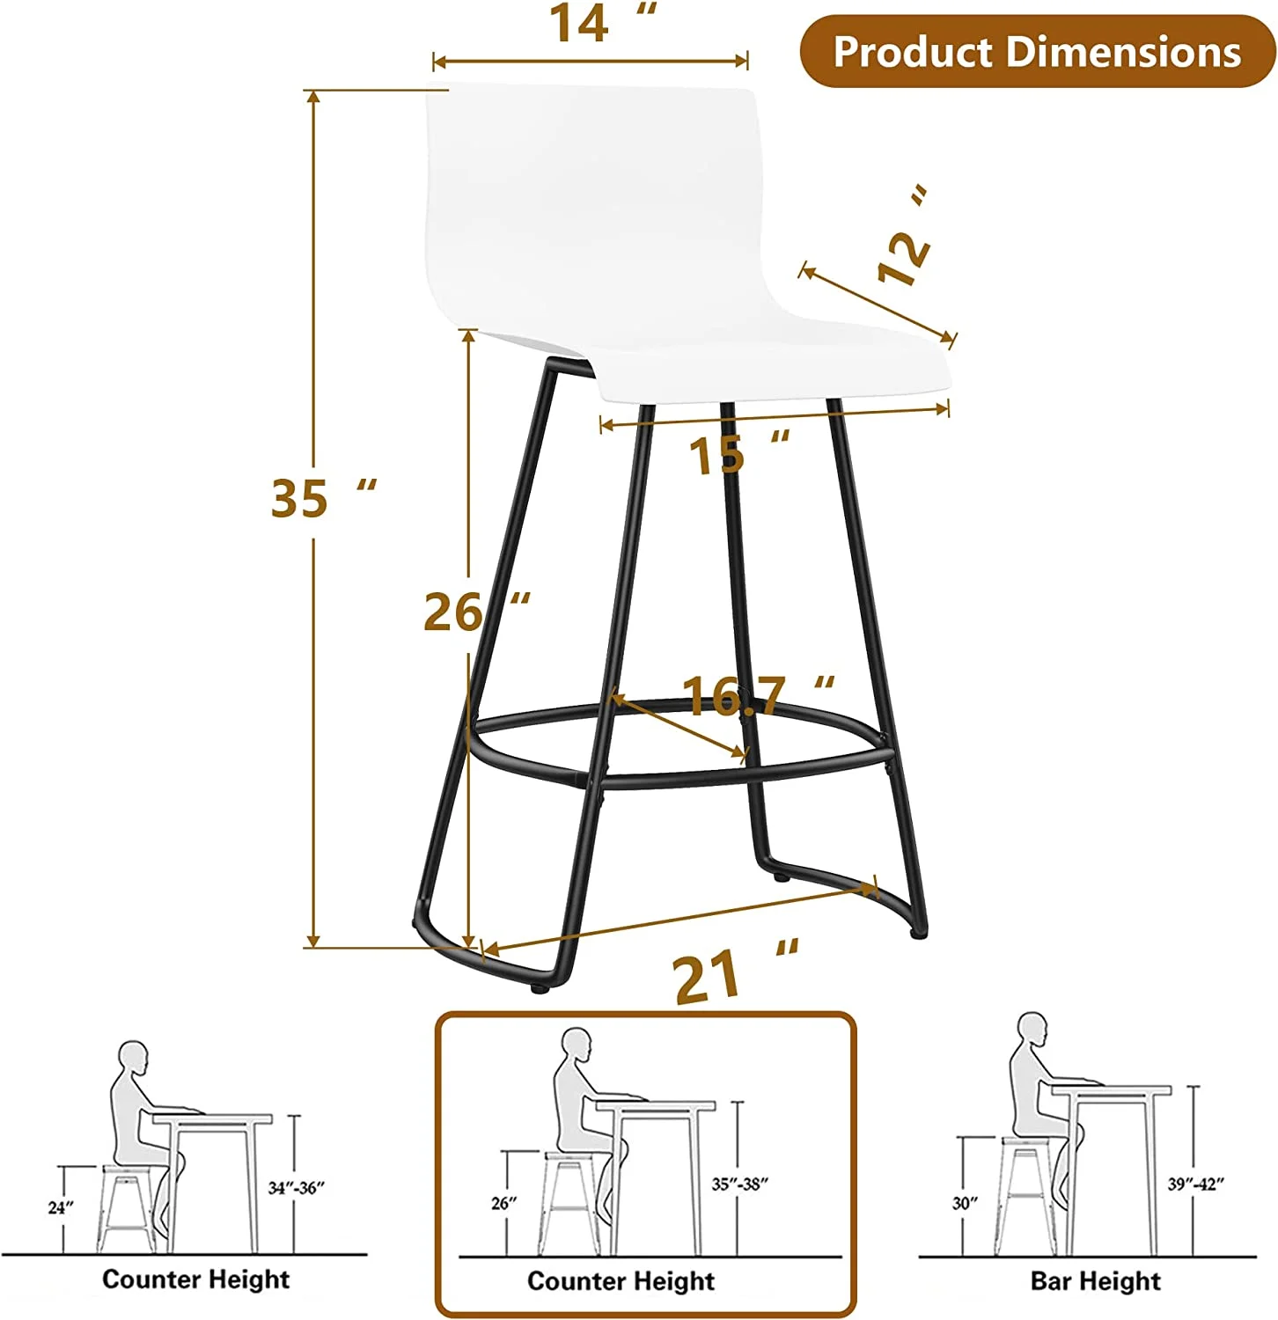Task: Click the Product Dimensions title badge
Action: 1037,51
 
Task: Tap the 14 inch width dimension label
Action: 601,24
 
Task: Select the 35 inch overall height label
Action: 322,497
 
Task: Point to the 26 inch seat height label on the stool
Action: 476,612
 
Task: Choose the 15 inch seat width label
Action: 738,453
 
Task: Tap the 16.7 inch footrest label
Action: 757,695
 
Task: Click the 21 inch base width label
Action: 735,975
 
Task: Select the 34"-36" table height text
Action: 296,1188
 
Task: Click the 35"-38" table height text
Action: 739,1184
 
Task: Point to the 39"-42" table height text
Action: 1196,1184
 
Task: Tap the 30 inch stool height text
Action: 966,1203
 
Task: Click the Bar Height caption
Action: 1096,1280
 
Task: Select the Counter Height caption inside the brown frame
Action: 621,1280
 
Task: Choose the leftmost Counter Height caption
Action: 195,1279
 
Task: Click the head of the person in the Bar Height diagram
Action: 1032,1029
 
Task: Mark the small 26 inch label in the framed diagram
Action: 504,1203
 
